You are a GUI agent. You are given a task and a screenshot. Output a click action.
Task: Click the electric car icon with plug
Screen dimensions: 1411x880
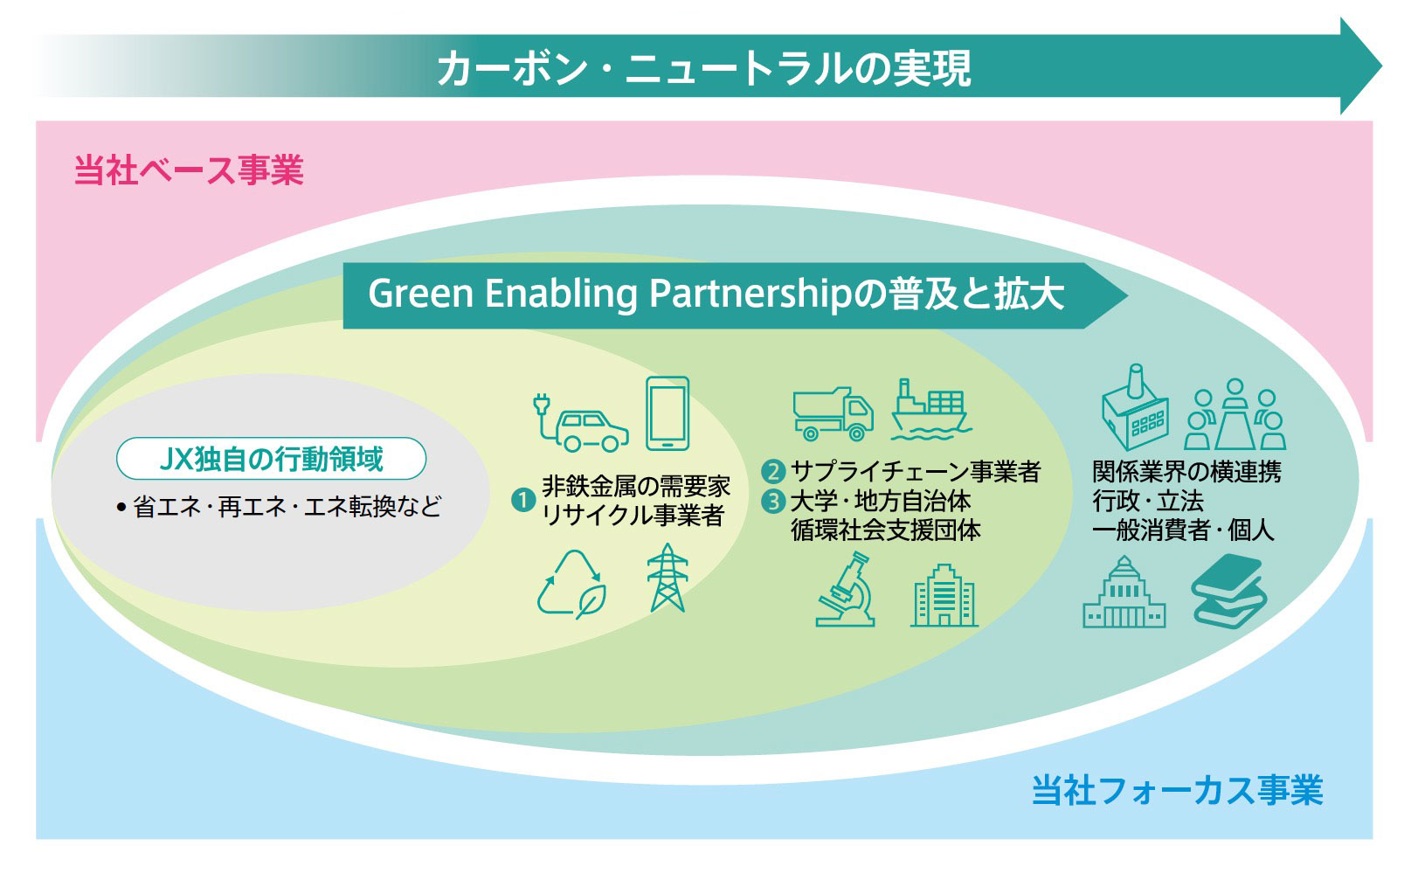(x=581, y=423)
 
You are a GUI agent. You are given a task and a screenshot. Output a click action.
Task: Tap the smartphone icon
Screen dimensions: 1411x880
(x=667, y=413)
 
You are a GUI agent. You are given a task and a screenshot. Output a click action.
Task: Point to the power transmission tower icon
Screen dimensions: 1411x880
(x=667, y=578)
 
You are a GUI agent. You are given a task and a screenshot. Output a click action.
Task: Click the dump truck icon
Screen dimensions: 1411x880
(x=833, y=414)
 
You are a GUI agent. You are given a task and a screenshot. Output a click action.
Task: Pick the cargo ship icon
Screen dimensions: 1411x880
(x=931, y=410)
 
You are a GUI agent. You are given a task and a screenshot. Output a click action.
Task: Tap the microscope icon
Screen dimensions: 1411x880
(x=846, y=590)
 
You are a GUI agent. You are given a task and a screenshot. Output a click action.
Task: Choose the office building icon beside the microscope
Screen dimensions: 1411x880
(x=944, y=595)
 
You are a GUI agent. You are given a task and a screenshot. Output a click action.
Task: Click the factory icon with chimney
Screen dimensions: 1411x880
(x=1135, y=407)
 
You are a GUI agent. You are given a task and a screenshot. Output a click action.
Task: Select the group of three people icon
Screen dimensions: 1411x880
(x=1235, y=414)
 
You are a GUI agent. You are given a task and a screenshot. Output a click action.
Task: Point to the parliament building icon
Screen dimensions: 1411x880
(x=1124, y=592)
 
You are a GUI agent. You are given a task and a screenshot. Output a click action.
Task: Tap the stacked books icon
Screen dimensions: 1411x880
(x=1228, y=591)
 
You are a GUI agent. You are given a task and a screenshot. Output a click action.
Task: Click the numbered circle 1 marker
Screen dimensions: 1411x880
(x=522, y=501)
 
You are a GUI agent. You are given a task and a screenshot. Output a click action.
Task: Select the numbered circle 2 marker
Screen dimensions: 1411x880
(x=773, y=471)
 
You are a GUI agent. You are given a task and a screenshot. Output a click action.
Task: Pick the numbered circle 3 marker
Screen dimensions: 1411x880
(x=773, y=502)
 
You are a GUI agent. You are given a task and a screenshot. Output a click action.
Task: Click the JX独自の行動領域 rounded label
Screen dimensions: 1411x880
(x=272, y=459)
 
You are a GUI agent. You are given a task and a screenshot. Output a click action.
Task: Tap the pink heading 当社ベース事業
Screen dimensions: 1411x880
(x=189, y=170)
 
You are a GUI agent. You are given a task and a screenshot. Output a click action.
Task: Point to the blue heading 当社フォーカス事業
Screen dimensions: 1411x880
(x=1178, y=790)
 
